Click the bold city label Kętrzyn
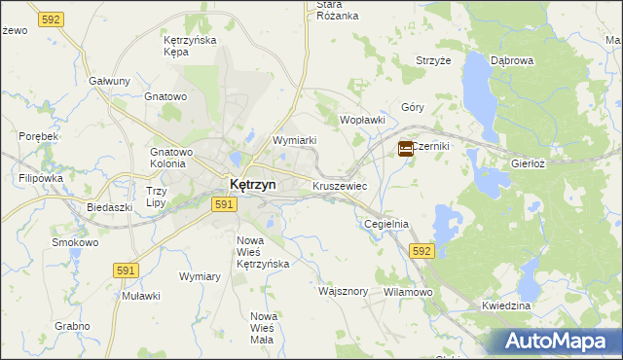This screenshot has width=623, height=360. tap(252, 184)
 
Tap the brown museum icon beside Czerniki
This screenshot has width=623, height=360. tap(405, 148)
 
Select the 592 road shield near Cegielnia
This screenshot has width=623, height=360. tap(421, 251)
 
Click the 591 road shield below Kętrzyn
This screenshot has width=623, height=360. tap(224, 204)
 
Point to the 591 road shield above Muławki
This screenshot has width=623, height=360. tap(126, 270)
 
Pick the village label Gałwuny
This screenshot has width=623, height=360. tap(109, 81)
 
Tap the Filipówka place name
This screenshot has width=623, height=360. tap(41, 178)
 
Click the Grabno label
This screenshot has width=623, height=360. tap(72, 326)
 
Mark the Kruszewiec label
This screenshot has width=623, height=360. tap(340, 184)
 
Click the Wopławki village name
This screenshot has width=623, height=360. tap(362, 120)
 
